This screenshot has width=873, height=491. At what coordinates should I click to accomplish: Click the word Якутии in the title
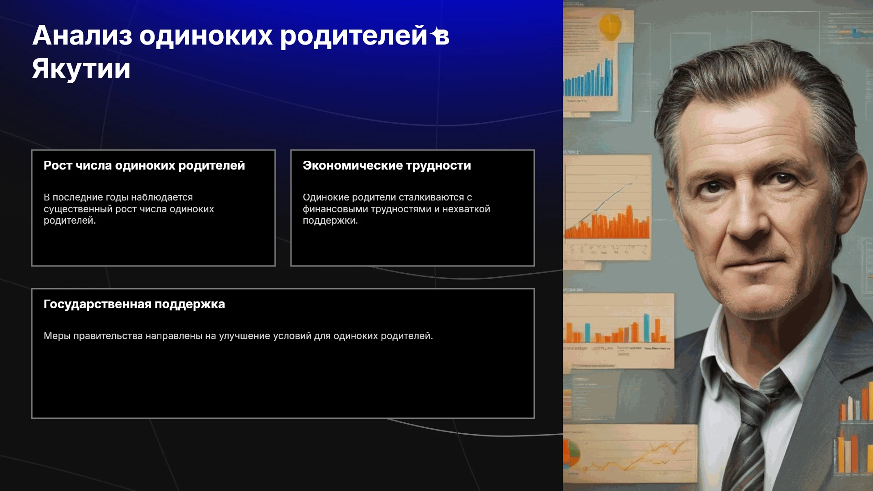[x=81, y=69]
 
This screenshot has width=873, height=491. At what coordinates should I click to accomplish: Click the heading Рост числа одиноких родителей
[x=144, y=165]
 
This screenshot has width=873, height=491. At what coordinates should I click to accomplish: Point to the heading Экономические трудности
[x=387, y=165]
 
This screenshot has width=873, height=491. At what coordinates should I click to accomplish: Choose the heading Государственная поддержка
[x=134, y=304]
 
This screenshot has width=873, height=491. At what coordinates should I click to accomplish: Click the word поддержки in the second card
[x=331, y=221]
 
